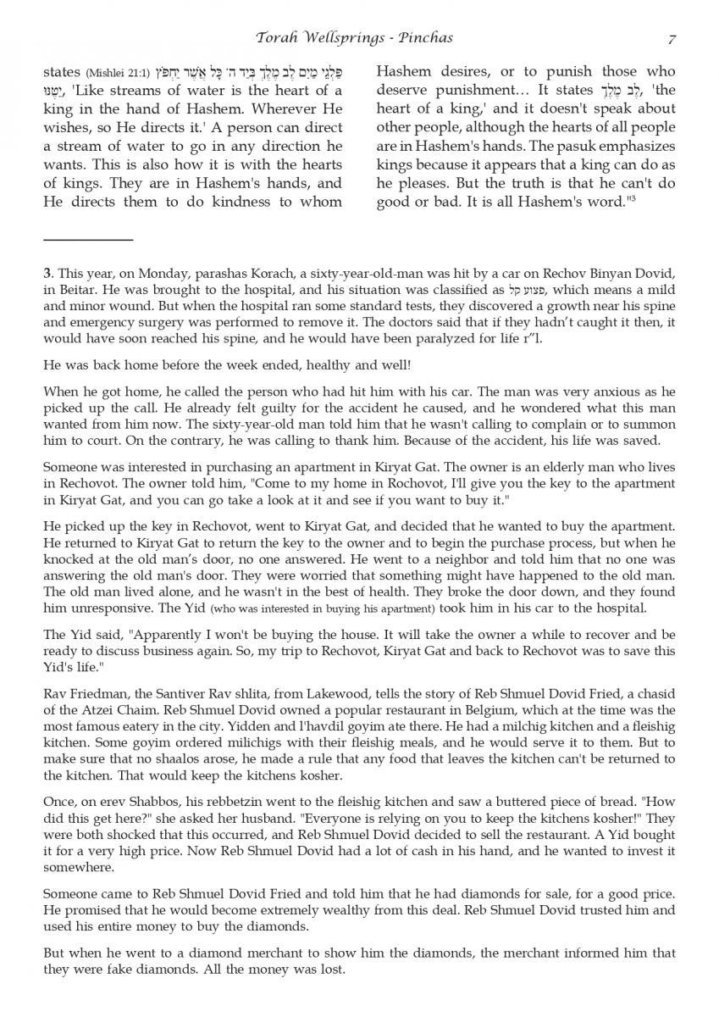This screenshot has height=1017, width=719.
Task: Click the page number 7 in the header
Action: coord(672,38)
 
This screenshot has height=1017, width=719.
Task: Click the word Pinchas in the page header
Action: coord(427,38)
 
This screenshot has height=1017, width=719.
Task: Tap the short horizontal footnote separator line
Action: coord(88,241)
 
